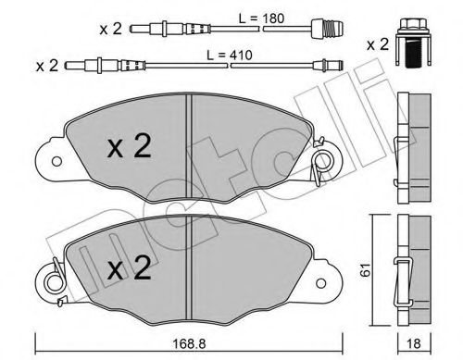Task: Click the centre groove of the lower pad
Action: (x=190, y=264)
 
